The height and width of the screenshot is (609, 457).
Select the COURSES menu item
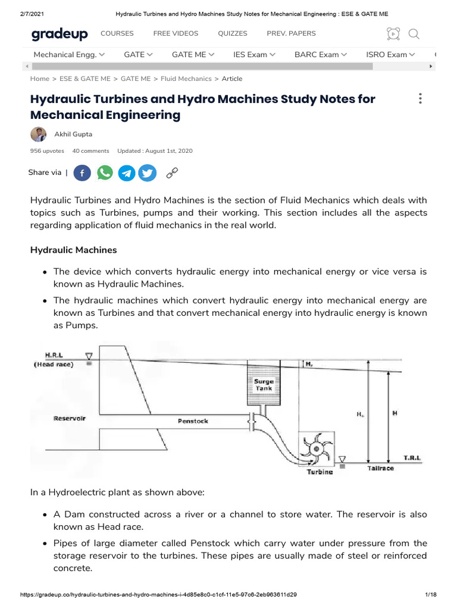(x=117, y=34)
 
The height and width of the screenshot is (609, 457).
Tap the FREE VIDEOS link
(x=176, y=34)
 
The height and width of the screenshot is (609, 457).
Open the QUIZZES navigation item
(x=232, y=34)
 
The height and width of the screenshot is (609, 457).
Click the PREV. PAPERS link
(x=291, y=34)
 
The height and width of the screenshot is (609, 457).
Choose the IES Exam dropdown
(x=254, y=55)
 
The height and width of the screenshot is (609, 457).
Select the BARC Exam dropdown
(x=321, y=55)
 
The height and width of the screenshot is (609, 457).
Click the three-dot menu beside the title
(x=420, y=99)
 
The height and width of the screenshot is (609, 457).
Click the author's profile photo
(x=38, y=134)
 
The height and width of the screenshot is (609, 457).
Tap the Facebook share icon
(x=83, y=173)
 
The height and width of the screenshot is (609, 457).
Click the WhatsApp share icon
(x=105, y=173)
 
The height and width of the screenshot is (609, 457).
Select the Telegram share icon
(x=126, y=173)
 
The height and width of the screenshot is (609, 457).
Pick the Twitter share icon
(x=148, y=173)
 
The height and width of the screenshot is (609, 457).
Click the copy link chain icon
(x=172, y=173)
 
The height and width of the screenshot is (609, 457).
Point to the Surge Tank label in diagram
(x=264, y=384)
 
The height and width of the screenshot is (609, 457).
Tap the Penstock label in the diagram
(x=193, y=421)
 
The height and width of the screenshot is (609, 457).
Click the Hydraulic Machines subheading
(x=74, y=250)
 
